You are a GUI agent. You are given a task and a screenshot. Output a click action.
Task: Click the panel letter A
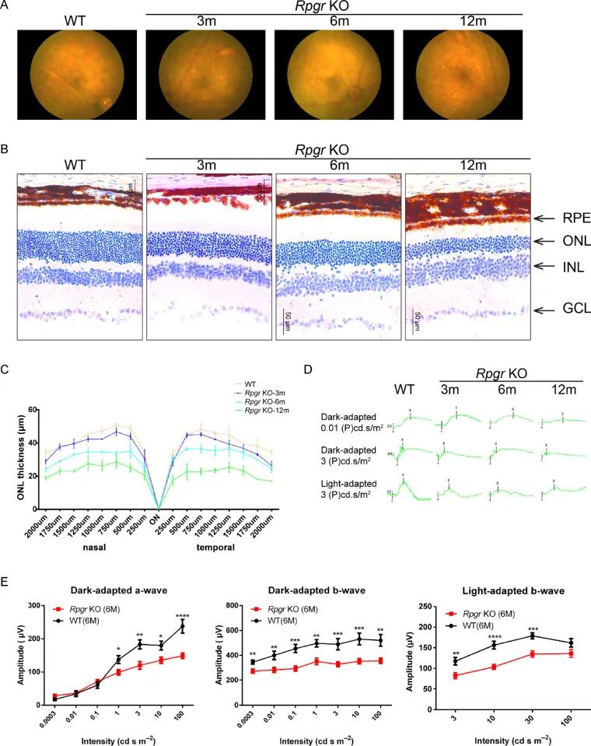[x=6, y=7]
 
